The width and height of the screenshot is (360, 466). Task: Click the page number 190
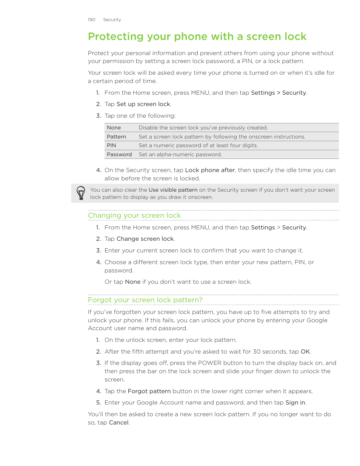tap(91, 20)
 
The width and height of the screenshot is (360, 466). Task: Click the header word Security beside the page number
tap(112, 20)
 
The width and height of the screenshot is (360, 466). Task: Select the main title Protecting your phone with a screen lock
tap(197, 37)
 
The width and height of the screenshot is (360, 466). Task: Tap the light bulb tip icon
tap(81, 193)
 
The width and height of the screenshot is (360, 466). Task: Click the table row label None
tap(114, 128)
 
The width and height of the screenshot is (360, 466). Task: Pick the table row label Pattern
tap(116, 137)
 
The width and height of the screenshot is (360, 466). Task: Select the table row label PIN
tap(111, 146)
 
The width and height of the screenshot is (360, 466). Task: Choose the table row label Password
tap(119, 155)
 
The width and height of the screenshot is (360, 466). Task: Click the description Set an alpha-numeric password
tap(180, 155)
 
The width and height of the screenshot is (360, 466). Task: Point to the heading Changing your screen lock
tap(134, 215)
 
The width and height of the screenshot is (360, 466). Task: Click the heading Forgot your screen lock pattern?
tap(145, 300)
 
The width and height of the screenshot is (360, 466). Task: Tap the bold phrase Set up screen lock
tap(143, 104)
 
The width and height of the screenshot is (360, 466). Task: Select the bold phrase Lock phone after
tap(210, 170)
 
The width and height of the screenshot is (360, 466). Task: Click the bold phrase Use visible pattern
tap(173, 190)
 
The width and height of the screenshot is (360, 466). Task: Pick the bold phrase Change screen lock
tap(145, 239)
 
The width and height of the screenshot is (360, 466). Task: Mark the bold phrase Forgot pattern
tap(149, 391)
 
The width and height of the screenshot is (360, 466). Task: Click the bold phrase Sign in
tap(295, 403)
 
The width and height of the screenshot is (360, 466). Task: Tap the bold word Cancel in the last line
tap(118, 423)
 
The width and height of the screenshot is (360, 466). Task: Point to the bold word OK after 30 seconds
tap(305, 352)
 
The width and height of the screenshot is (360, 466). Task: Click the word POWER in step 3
tap(210, 363)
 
